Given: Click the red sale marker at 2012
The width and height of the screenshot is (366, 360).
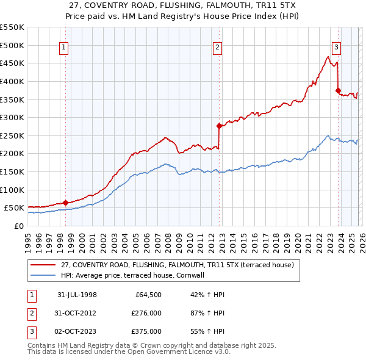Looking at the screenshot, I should (218, 126).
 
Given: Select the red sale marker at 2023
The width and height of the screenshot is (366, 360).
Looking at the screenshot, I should (337, 90).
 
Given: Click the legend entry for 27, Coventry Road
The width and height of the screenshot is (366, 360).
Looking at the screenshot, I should (178, 265).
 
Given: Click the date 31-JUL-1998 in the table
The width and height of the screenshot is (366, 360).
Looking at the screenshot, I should (77, 295).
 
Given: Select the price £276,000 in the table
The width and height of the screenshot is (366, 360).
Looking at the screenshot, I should (146, 313).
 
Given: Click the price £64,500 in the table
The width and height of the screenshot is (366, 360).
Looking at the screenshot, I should (148, 295).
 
